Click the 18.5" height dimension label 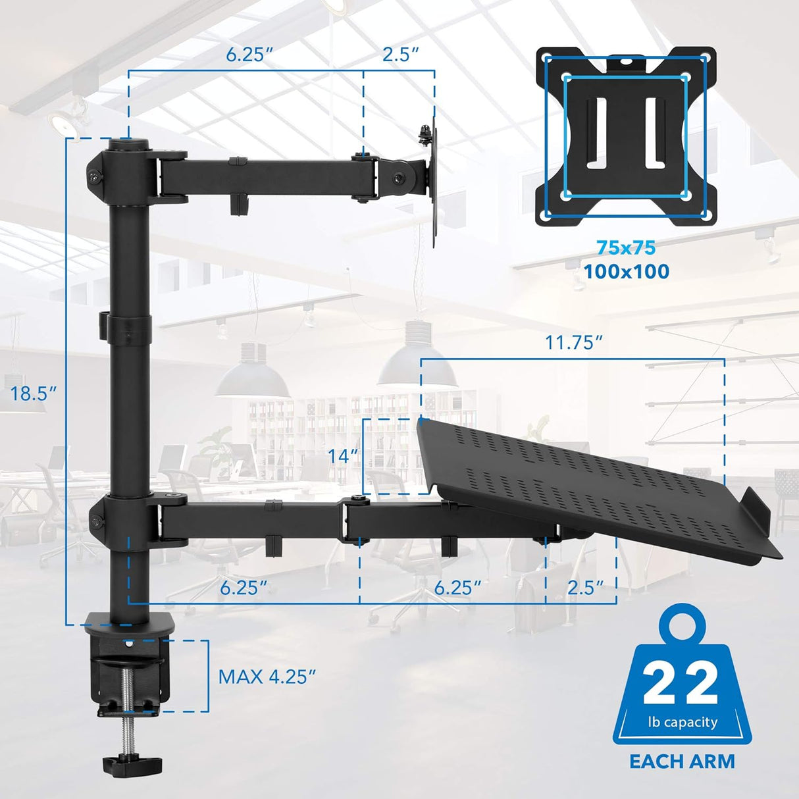33,394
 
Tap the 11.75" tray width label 573,343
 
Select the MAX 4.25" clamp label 267,677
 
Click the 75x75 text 626,248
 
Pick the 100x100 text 626,271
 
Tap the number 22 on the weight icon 681,684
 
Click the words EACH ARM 682,761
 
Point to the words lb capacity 682,722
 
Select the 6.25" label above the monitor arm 249,55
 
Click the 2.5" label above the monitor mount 401,55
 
